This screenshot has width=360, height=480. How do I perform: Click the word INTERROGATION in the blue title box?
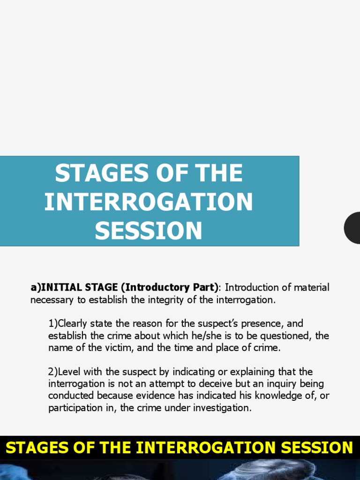(149, 202)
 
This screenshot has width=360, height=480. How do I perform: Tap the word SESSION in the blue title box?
(149, 230)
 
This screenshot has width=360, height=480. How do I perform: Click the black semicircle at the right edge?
(352, 227)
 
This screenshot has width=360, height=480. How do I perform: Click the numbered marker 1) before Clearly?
(52, 323)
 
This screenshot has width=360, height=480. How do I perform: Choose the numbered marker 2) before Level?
(52, 372)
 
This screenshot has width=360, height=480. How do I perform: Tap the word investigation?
(223, 408)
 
